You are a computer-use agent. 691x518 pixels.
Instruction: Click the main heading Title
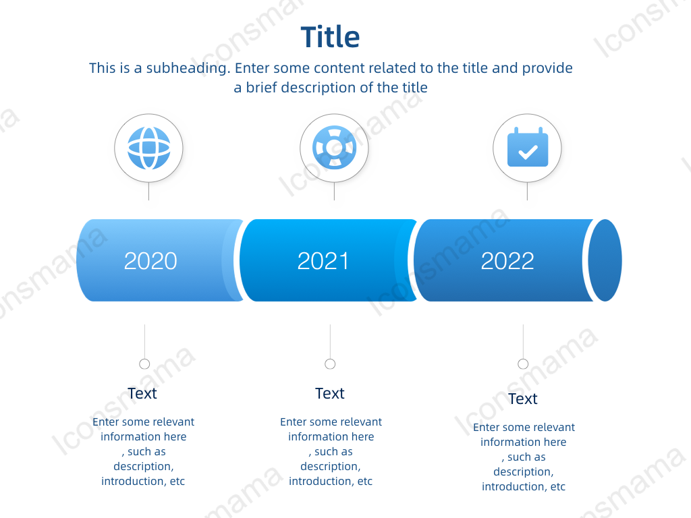(330, 36)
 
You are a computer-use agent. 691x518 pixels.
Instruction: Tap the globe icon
(149, 148)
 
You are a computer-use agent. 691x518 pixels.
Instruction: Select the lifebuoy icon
(335, 148)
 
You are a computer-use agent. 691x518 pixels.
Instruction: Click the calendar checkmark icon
(528, 147)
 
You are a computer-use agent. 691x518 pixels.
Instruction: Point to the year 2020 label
(150, 261)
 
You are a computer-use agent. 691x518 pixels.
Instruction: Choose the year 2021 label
(323, 261)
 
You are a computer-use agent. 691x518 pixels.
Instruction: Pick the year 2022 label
(507, 261)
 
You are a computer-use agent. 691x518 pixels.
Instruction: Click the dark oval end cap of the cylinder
(605, 260)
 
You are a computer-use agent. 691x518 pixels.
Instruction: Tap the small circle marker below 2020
(144, 364)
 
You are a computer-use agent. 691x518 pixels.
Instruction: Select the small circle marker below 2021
(330, 364)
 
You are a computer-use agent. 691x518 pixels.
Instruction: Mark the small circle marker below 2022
(523, 364)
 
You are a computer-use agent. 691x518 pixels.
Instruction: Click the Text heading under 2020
(142, 393)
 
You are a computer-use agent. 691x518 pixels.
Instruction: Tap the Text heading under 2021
(330, 393)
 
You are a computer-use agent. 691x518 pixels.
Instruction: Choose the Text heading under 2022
(523, 399)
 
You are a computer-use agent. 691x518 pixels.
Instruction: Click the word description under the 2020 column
(144, 467)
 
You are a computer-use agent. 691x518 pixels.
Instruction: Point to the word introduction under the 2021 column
(322, 481)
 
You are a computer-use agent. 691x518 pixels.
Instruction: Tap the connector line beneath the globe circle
(149, 191)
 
